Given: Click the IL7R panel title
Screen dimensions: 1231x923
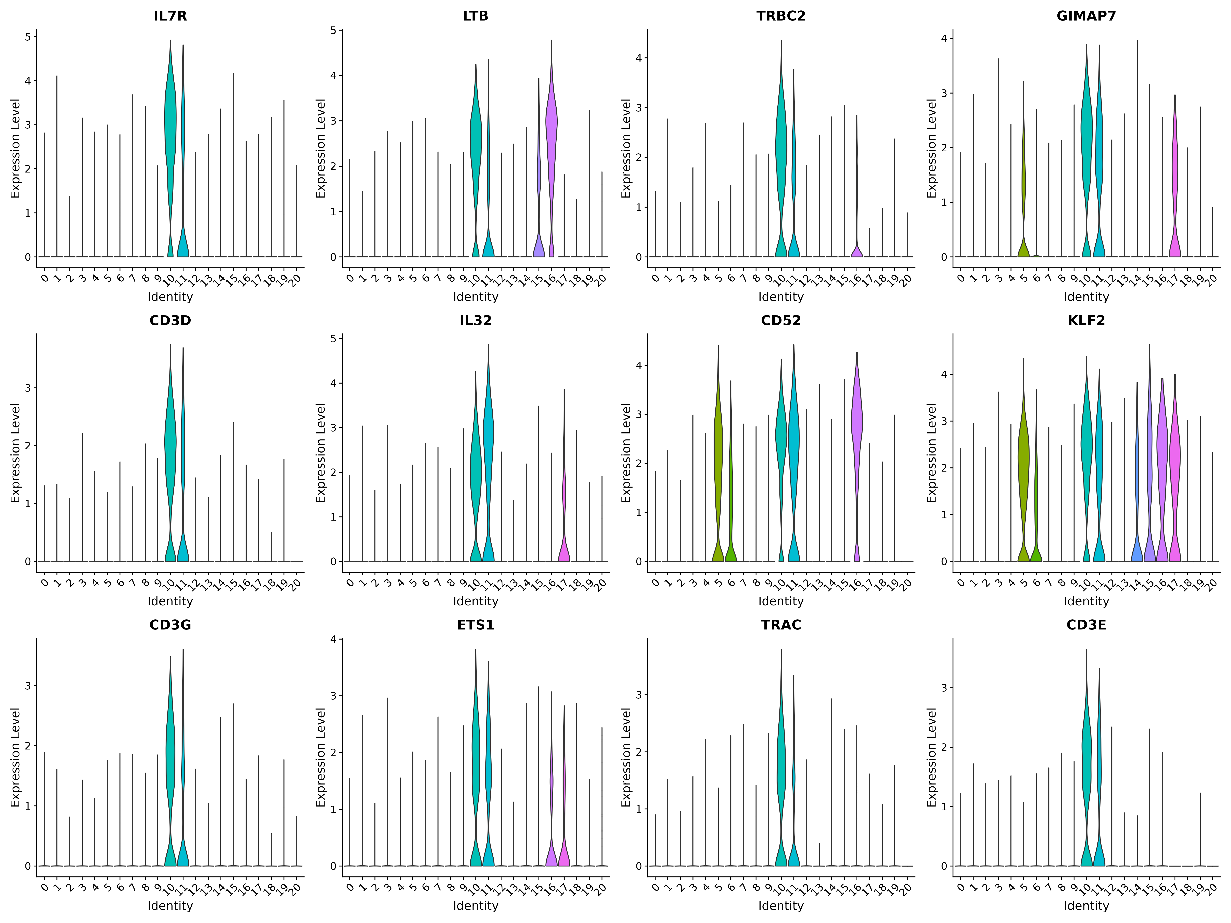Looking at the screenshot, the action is pos(170,16).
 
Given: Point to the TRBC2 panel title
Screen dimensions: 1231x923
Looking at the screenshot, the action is pos(781,16).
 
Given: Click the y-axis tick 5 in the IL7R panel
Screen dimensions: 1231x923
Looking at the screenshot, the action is pos(28,37).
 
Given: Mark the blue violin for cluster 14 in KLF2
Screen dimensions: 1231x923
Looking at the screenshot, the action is pos(1137,501).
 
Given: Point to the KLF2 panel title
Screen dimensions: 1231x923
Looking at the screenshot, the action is pos(1086,320).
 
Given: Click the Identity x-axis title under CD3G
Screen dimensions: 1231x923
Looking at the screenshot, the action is pos(170,906).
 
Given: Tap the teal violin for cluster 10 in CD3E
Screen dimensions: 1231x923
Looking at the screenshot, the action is pos(1086,779).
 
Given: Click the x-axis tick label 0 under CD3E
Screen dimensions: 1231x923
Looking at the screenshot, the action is pos(961,887).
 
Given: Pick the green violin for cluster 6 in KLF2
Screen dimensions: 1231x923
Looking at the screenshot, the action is pos(1036,501).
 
